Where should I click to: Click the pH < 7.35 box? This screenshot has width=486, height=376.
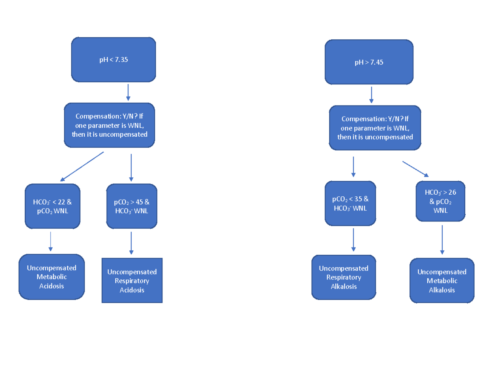click(113, 60)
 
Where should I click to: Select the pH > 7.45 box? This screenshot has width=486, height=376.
click(369, 62)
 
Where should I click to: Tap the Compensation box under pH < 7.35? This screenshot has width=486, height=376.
click(109, 125)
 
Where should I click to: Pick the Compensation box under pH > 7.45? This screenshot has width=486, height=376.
click(375, 128)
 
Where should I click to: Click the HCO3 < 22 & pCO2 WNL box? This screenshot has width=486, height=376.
click(52, 206)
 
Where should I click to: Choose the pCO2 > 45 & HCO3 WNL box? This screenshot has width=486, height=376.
click(132, 206)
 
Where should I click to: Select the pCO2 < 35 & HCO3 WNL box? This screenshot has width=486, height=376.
click(350, 203)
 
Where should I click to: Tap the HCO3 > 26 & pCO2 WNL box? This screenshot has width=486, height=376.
click(441, 201)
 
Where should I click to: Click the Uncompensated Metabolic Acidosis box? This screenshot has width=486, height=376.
click(51, 277)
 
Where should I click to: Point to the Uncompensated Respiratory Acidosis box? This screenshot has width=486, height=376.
click(132, 281)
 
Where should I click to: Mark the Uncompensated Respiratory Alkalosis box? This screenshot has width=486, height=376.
click(344, 277)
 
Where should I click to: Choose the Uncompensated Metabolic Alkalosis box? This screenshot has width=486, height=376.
click(442, 281)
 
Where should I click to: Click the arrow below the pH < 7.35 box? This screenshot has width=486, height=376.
click(128, 92)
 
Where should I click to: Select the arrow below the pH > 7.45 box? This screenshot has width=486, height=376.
click(371, 95)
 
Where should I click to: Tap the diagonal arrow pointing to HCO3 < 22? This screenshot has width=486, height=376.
click(82, 166)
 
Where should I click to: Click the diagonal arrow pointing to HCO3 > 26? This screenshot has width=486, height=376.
click(416, 169)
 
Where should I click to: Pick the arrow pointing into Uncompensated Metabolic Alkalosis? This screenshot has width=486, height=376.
click(442, 240)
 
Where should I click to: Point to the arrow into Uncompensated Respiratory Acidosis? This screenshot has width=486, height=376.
click(131, 243)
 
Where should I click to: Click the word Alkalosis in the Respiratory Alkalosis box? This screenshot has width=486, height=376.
click(344, 286)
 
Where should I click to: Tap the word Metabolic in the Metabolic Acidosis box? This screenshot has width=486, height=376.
click(51, 277)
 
